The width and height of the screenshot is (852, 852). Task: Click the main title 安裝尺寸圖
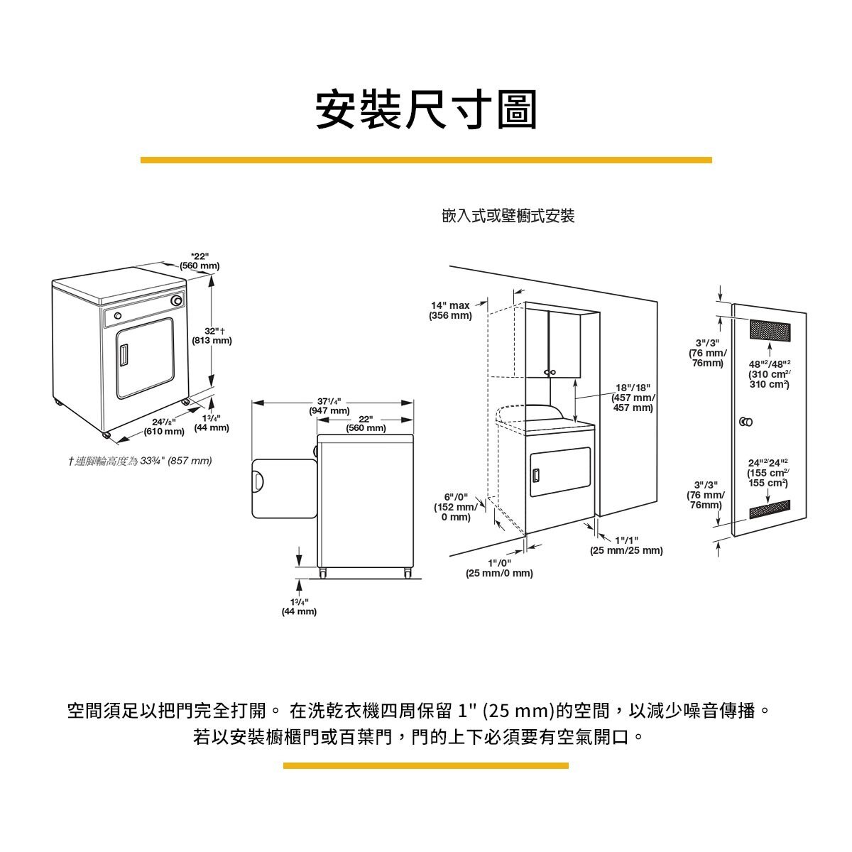point(426,110)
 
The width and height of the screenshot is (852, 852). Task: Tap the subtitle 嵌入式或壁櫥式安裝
point(508,217)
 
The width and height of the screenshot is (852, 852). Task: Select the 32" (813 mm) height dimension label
point(212,336)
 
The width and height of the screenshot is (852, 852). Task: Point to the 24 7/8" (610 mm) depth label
point(164,427)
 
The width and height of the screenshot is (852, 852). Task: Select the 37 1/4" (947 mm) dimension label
point(329,405)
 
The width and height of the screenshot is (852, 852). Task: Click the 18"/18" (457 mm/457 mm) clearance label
point(633,398)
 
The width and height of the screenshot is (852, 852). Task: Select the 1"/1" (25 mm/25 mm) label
point(626,545)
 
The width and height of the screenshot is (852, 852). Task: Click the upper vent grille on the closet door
point(770,330)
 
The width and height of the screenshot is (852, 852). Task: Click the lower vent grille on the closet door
point(770,508)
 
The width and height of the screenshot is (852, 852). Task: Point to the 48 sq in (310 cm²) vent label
point(769,373)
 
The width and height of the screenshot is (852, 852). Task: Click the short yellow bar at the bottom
point(426,765)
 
